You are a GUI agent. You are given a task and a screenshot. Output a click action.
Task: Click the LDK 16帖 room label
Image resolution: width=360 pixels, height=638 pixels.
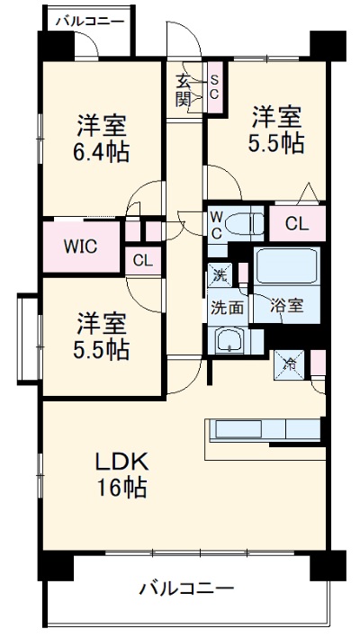(122, 475)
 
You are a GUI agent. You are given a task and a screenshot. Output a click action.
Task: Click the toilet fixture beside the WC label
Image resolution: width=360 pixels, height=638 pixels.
(244, 222)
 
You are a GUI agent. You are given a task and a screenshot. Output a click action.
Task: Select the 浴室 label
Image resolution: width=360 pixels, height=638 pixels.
(288, 305)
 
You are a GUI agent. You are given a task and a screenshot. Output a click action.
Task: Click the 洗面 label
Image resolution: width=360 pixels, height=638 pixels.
(227, 306)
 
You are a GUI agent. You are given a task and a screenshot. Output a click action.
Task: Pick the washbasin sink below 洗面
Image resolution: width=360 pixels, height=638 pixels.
(228, 340)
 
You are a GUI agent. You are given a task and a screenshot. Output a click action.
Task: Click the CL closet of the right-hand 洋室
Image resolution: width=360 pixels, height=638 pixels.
(298, 223)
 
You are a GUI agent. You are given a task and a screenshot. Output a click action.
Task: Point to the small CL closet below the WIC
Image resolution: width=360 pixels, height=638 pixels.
(142, 261)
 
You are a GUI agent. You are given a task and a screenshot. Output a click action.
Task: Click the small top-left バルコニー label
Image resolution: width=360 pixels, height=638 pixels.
(88, 18)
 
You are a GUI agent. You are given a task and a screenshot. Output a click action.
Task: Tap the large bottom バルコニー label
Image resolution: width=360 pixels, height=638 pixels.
(186, 589)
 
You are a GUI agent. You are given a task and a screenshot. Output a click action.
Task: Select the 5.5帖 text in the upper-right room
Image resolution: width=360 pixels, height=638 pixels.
(275, 142)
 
